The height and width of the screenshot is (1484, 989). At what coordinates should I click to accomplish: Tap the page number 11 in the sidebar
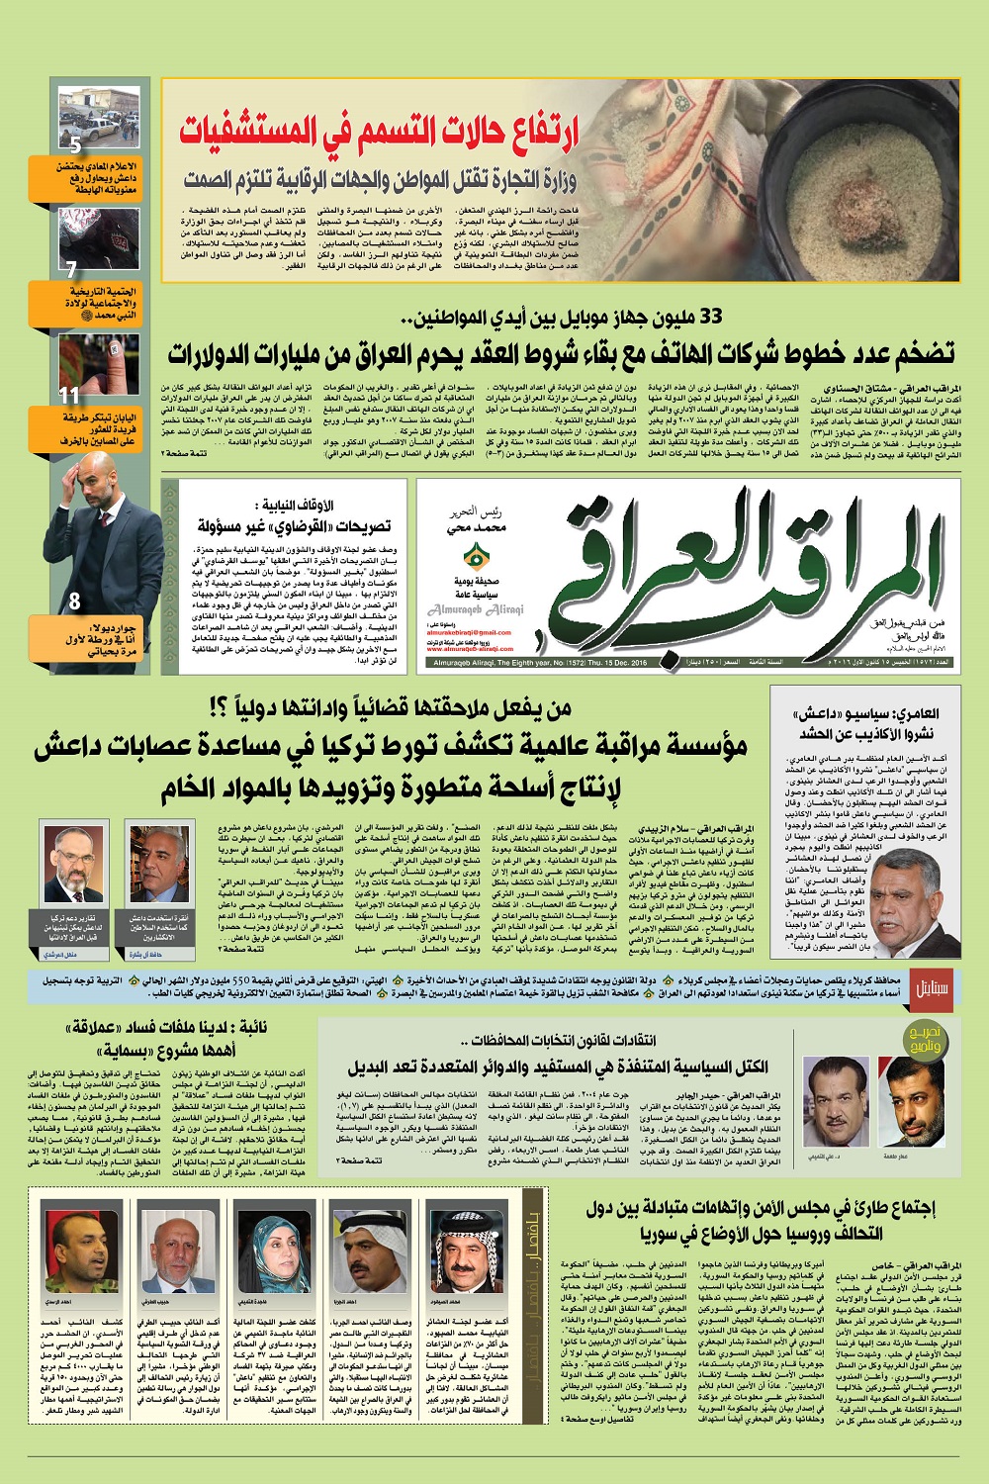pyautogui.click(x=69, y=395)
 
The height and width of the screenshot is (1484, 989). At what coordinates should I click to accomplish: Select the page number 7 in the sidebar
pyautogui.click(x=71, y=269)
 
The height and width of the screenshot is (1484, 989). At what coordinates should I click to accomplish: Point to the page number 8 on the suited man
pyautogui.click(x=76, y=600)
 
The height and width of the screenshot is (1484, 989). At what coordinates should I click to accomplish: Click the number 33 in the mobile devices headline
pyautogui.click(x=711, y=317)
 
